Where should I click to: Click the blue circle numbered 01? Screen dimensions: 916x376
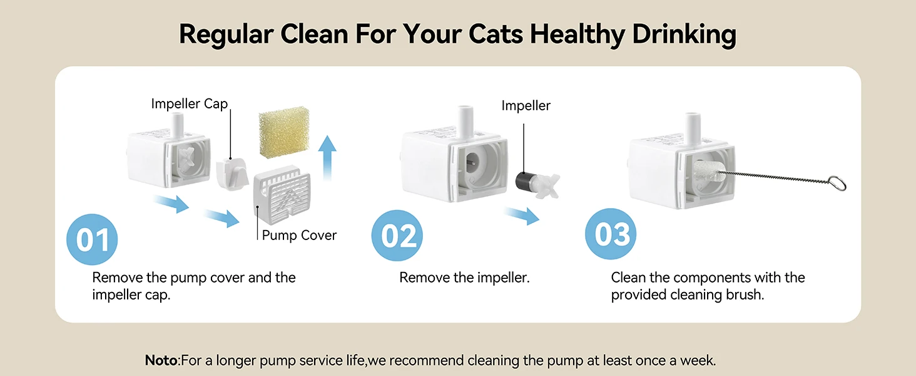[92, 239]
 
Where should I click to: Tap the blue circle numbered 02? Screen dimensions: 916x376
[397, 236]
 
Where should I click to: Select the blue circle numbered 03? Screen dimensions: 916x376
[611, 234]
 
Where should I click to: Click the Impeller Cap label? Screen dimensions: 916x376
[190, 103]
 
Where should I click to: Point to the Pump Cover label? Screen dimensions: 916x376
[299, 235]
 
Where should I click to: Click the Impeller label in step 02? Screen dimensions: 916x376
[526, 106]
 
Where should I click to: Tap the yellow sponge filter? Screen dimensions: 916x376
[284, 132]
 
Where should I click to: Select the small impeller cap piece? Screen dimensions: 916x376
[232, 174]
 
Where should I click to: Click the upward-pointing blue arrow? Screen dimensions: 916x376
[327, 158]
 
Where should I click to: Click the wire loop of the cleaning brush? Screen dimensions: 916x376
[837, 183]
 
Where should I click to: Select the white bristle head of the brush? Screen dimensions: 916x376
[707, 172]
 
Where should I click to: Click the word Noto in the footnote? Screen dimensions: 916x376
[161, 360]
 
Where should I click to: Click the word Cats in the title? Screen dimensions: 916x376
[496, 34]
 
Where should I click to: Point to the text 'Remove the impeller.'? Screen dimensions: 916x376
[464, 278]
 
